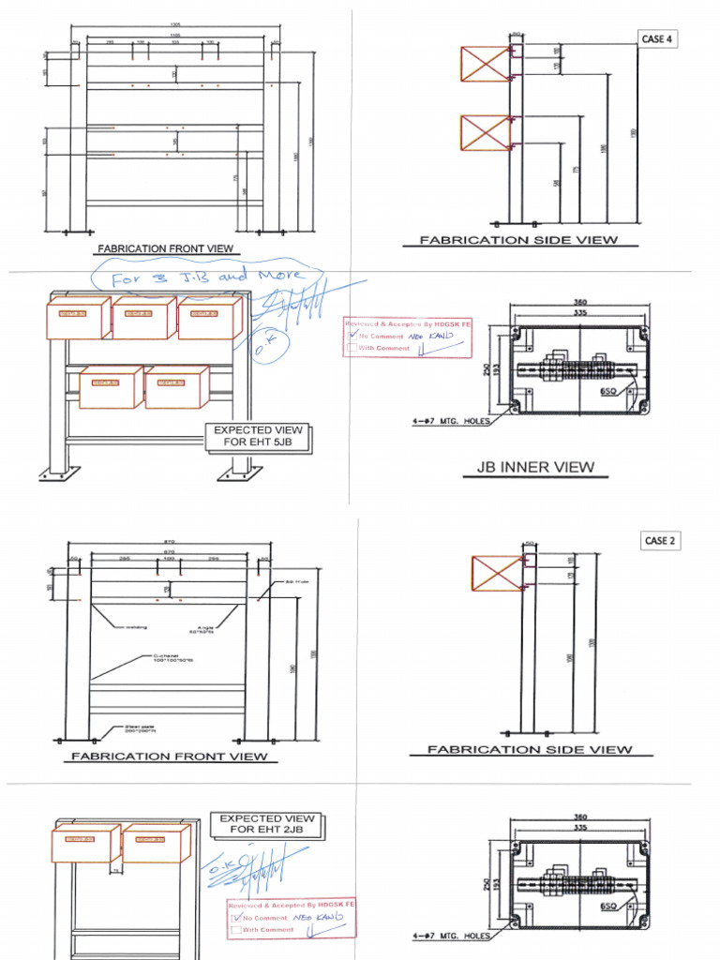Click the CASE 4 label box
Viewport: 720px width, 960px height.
(656, 39)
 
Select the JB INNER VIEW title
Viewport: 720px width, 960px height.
(535, 467)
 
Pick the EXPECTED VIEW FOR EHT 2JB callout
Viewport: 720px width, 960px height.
(266, 824)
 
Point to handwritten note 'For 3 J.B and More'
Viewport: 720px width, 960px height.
(207, 277)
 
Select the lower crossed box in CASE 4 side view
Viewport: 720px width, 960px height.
(485, 132)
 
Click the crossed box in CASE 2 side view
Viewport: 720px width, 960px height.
(498, 573)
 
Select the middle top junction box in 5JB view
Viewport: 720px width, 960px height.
(143, 318)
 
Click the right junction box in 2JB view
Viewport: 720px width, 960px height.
(156, 843)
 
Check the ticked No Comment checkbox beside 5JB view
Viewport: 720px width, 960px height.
(352, 336)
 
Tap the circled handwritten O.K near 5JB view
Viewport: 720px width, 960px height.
(261, 349)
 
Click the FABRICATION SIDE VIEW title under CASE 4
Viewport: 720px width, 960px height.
(518, 240)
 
